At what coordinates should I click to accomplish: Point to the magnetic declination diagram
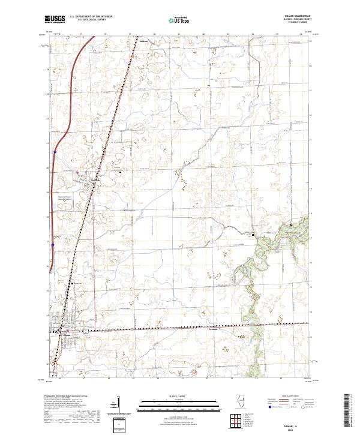point(118,414)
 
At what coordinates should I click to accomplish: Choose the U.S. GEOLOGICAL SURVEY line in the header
point(88,20)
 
